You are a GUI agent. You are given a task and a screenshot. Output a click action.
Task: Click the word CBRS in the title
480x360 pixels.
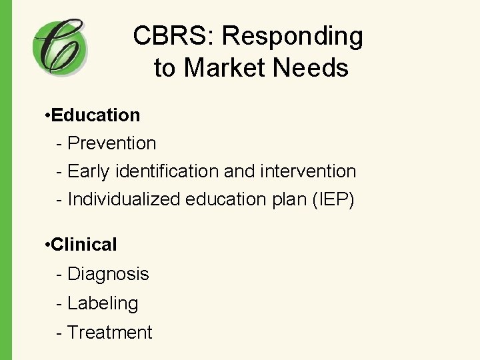[x=170, y=36]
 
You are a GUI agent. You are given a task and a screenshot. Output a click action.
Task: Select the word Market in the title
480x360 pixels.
[x=227, y=68]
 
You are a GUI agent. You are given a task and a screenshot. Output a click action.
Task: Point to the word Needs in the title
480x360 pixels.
[x=315, y=68]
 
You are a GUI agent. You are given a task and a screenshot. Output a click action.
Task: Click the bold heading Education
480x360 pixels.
[x=95, y=115]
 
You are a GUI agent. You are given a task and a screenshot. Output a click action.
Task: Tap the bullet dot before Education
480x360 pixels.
[x=44, y=115]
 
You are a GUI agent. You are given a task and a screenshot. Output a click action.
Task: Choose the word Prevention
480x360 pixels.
[x=112, y=143]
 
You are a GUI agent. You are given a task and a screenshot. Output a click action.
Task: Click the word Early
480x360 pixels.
[x=89, y=171]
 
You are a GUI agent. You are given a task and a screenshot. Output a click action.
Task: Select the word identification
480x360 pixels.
[x=167, y=171]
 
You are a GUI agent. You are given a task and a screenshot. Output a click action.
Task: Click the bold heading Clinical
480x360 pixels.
[x=83, y=245]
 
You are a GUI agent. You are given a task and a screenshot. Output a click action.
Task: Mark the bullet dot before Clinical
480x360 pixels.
[x=44, y=245]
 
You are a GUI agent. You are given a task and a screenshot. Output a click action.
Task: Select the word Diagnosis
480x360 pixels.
[x=109, y=274]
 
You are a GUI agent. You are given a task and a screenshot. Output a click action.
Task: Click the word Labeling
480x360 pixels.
[x=103, y=303]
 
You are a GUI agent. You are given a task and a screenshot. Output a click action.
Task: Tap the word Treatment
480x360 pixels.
[x=110, y=332]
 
